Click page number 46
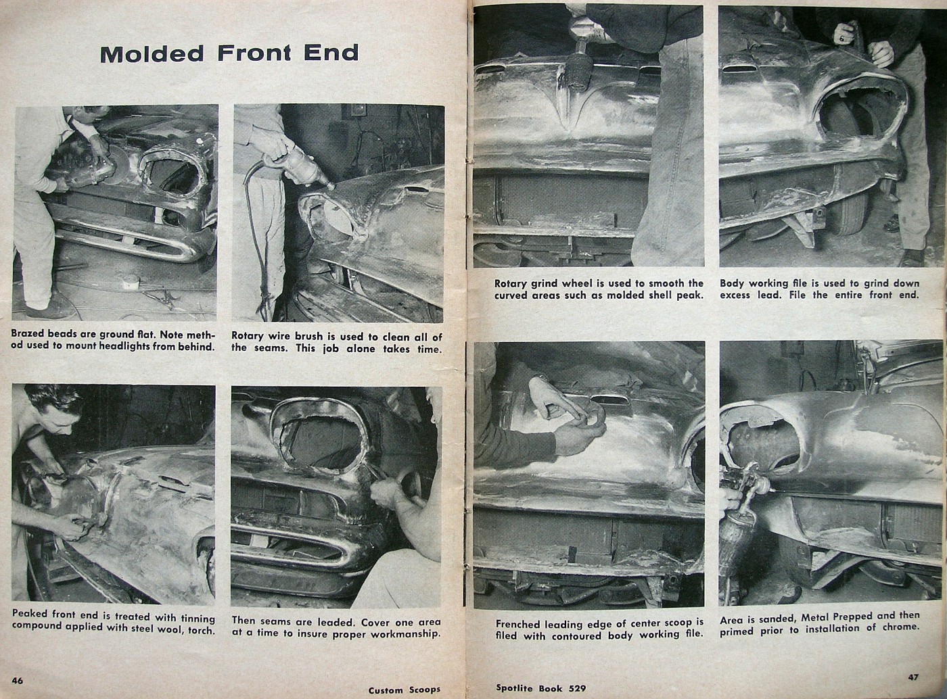click(18, 680)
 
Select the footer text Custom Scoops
click(404, 690)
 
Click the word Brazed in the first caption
click(28, 335)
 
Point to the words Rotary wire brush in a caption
click(277, 337)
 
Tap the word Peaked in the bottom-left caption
click(30, 619)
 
